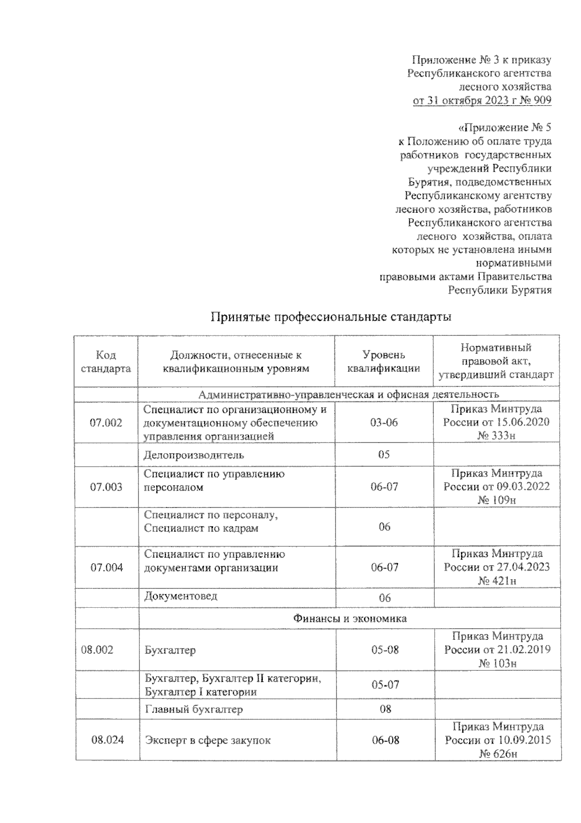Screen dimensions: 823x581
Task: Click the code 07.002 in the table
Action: pos(106,423)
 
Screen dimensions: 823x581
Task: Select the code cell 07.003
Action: pos(106,487)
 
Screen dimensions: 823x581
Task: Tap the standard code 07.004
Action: pos(106,568)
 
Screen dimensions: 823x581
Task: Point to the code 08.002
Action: pos(97,650)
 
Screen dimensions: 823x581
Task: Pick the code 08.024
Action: pos(107,740)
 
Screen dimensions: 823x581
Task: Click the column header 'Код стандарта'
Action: pos(106,362)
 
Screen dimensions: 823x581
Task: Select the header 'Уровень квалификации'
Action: pos(384,362)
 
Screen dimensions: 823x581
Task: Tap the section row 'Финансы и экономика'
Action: pos(350,618)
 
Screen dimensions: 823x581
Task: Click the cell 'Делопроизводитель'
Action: pos(194,455)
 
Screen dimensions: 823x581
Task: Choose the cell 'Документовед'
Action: pos(181,596)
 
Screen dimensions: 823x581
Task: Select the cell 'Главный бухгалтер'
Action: pos(194,710)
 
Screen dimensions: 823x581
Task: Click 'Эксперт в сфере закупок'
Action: pos(208,741)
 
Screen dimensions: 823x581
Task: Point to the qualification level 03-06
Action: pos(384,423)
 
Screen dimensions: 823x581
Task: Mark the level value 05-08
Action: pos(385,650)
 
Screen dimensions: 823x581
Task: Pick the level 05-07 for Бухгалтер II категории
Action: pos(385,685)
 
